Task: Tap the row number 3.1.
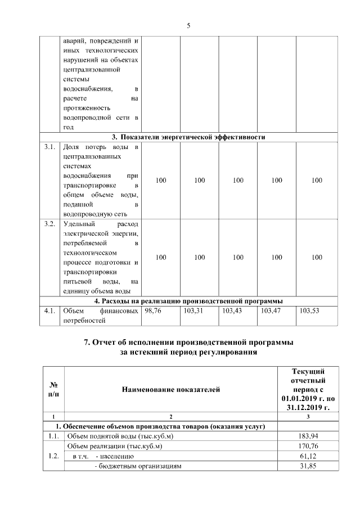(49, 147)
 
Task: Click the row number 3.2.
(49, 224)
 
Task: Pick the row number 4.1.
(49, 310)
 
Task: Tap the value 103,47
(271, 310)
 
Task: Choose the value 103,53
(310, 310)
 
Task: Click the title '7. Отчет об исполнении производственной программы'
(188, 343)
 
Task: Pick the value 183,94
(308, 436)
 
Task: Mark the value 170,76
(308, 446)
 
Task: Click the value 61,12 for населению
(308, 456)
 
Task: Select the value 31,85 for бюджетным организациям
(308, 466)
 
